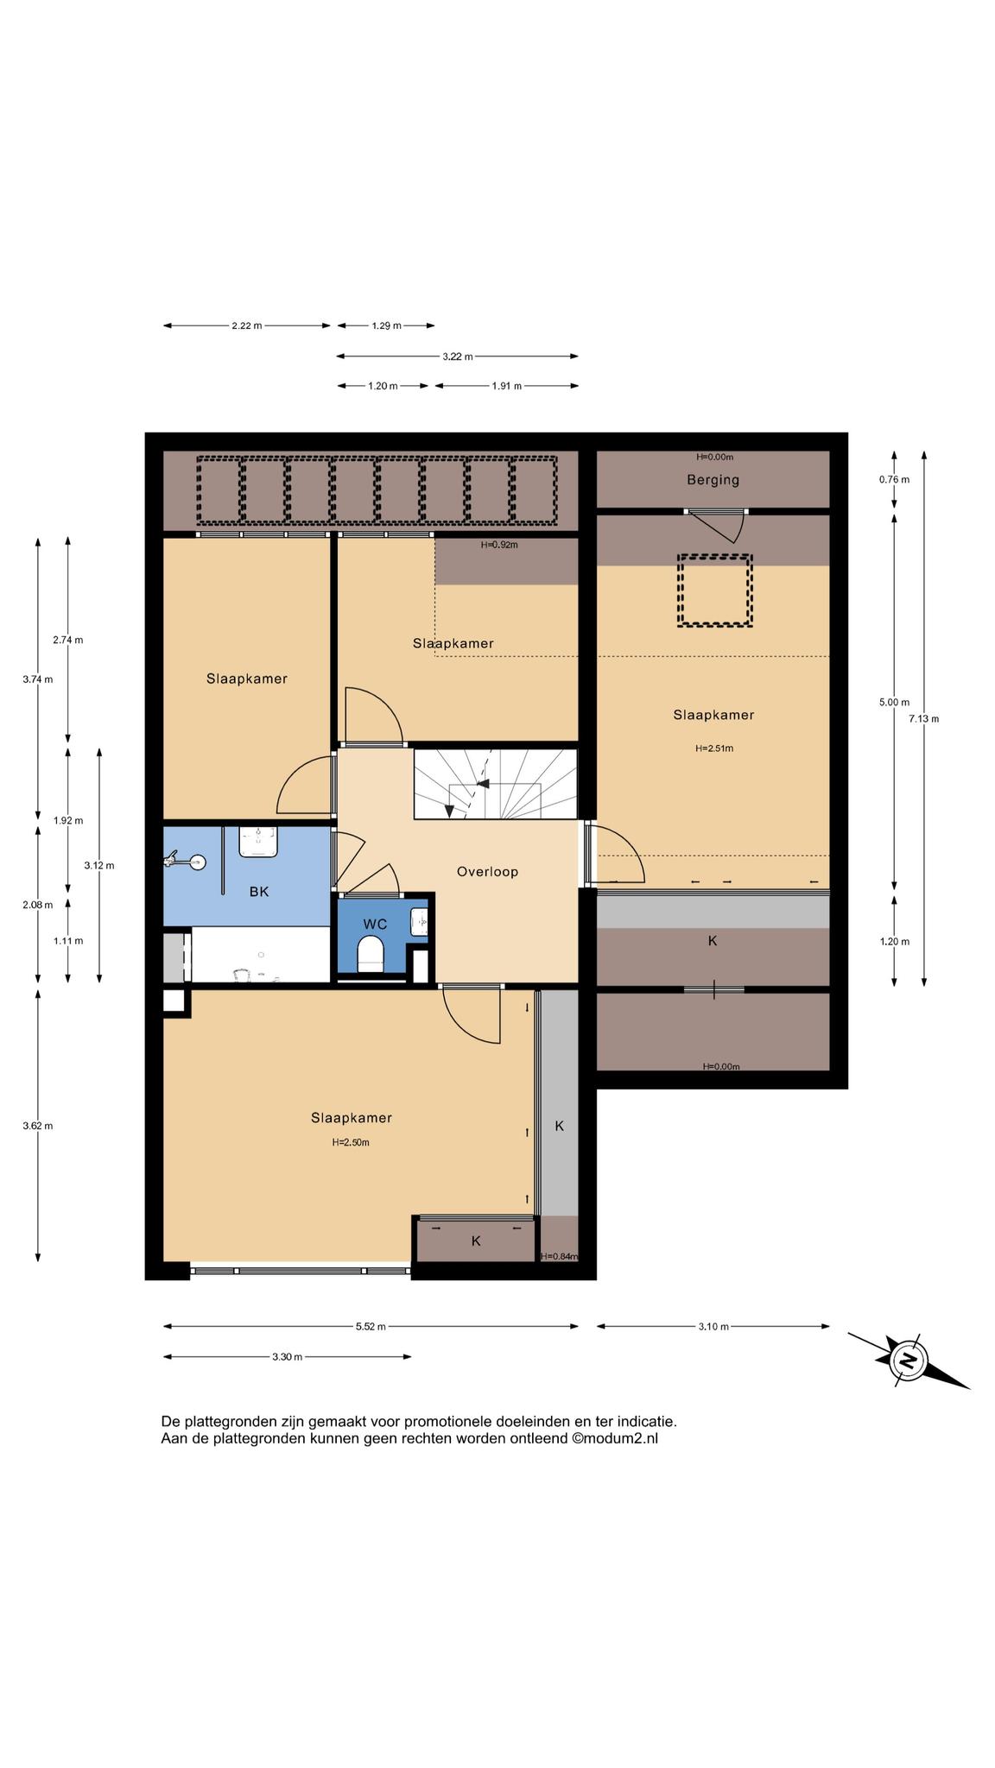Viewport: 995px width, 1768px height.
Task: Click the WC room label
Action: [x=375, y=924]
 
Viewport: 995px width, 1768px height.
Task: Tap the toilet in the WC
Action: [x=371, y=957]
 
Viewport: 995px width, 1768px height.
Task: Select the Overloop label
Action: [x=488, y=872]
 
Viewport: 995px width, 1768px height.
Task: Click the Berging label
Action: [x=713, y=480]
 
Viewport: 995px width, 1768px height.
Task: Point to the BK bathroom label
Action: [x=259, y=892]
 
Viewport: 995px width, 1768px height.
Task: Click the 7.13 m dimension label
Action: [x=924, y=718]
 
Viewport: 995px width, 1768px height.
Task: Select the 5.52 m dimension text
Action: [x=371, y=1326]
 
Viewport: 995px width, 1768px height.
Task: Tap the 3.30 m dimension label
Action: [x=288, y=1356]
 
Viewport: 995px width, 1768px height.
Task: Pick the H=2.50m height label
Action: [x=352, y=1142]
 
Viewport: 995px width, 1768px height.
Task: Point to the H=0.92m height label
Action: [x=499, y=545]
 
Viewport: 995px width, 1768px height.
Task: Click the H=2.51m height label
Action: [x=714, y=748]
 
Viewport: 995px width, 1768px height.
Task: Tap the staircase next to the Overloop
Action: [x=495, y=784]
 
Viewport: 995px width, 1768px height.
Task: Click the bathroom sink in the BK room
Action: [x=258, y=842]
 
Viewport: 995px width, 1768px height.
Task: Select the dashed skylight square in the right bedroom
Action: [x=715, y=590]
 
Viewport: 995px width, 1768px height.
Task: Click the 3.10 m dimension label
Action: [x=713, y=1326]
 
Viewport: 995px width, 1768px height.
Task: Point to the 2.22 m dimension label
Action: [x=247, y=325]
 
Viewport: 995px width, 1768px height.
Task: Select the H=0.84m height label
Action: [x=559, y=1256]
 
